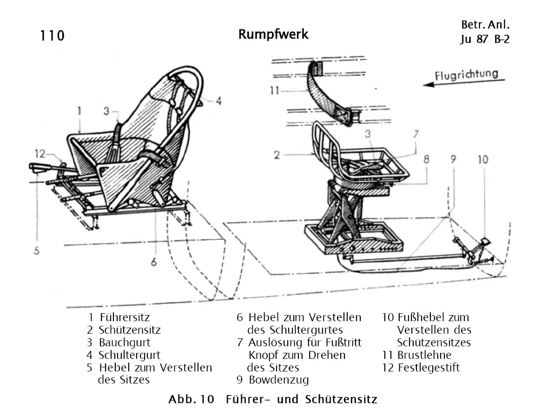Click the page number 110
[52, 36]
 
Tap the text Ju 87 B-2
[484, 39]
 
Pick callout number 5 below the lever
[36, 250]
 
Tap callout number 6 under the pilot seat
[153, 262]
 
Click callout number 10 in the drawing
[483, 160]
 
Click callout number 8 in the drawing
[426, 160]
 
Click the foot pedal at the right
[486, 241]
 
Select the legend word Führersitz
[125, 318]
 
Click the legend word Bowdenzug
[279, 380]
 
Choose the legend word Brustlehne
[424, 355]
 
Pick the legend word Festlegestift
[429, 368]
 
